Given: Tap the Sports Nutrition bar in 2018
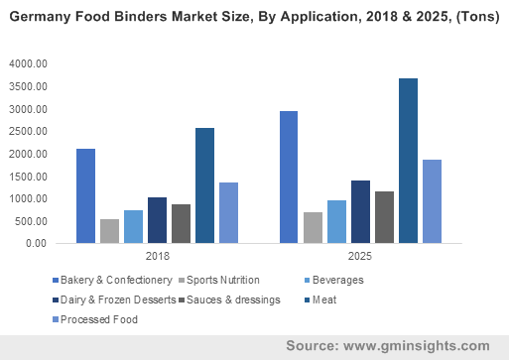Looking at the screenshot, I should (x=110, y=231).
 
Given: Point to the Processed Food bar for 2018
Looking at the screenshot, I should (x=228, y=212).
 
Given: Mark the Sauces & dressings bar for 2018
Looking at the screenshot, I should (x=181, y=223).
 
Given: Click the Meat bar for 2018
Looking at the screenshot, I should (x=204, y=185).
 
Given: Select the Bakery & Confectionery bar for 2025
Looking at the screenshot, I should (x=288, y=177).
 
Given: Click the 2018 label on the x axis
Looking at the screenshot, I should (x=157, y=257).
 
